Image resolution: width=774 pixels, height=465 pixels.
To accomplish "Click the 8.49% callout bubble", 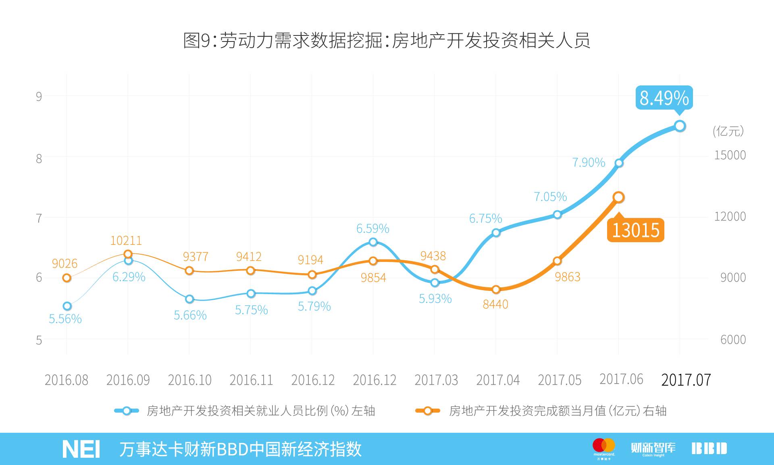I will (664, 98).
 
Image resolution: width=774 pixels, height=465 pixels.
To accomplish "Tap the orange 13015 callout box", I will (635, 230).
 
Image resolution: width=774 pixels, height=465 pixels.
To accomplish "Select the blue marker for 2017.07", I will (680, 126).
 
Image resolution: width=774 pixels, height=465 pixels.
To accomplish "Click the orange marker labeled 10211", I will (128, 254).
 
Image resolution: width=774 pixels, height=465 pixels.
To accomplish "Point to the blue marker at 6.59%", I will (373, 242).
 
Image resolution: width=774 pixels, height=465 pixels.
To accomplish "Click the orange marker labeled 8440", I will (496, 289).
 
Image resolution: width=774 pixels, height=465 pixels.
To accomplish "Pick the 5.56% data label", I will (65, 319).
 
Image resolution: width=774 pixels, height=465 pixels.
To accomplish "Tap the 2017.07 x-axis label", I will (686, 380).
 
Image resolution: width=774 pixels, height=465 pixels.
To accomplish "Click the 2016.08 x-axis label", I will (66, 380).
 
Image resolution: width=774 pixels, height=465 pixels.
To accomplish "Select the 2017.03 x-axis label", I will (436, 380).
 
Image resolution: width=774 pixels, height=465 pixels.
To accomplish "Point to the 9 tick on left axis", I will (39, 96).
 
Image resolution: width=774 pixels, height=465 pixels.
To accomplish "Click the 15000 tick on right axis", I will (730, 155).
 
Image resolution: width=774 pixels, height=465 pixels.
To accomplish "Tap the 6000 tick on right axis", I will (732, 339).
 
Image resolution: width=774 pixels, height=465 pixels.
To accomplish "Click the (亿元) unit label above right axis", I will (728, 131).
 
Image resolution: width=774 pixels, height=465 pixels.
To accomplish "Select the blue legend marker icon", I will (127, 411).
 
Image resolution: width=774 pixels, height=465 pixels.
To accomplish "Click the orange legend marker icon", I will (427, 411).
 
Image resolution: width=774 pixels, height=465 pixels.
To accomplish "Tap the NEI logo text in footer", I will (81, 449).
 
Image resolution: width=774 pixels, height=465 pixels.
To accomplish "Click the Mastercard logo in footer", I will (604, 447).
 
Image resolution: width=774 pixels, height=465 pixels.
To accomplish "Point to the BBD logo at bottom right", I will (709, 448).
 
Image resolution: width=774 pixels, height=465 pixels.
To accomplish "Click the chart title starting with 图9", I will (387, 40).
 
